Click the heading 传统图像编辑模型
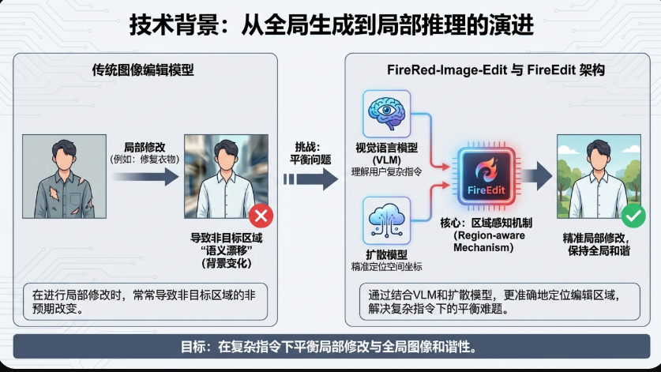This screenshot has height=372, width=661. coord(143,70)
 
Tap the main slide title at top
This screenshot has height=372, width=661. coord(331,24)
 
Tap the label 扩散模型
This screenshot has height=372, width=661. coord(387,254)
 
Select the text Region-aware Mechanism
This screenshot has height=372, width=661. coord(487,241)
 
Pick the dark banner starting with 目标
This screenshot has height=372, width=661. coord(330,347)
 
